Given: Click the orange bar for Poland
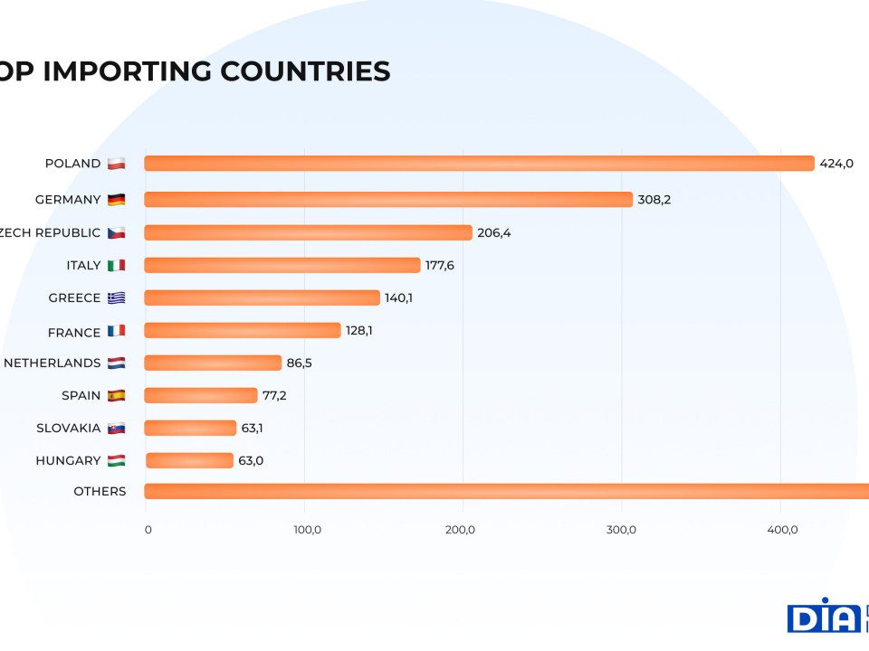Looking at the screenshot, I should tap(479, 164).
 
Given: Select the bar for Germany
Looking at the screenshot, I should tap(388, 200).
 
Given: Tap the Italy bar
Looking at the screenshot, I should tap(282, 265).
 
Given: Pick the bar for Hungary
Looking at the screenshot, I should tap(189, 460).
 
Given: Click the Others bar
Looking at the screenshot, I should tap(506, 491).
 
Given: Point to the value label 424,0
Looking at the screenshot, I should tap(836, 164).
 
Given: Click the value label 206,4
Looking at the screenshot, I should tap(494, 232).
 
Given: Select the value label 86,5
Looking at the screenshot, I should tap(303, 363).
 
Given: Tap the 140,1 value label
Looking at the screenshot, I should tap(398, 297).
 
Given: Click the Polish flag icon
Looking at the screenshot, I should tap(116, 164).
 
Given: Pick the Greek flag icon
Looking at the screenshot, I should tap(116, 297).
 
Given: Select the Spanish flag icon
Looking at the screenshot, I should tap(116, 395).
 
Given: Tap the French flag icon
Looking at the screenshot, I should tap(116, 331).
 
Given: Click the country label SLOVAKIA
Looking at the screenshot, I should tap(69, 428).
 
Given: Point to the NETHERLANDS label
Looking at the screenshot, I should tap(53, 363).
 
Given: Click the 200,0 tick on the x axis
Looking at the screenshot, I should tap(461, 530).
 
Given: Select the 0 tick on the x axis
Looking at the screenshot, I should tap(148, 530).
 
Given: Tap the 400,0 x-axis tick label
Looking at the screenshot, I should tap(782, 530).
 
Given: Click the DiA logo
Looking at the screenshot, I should tap(825, 617).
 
